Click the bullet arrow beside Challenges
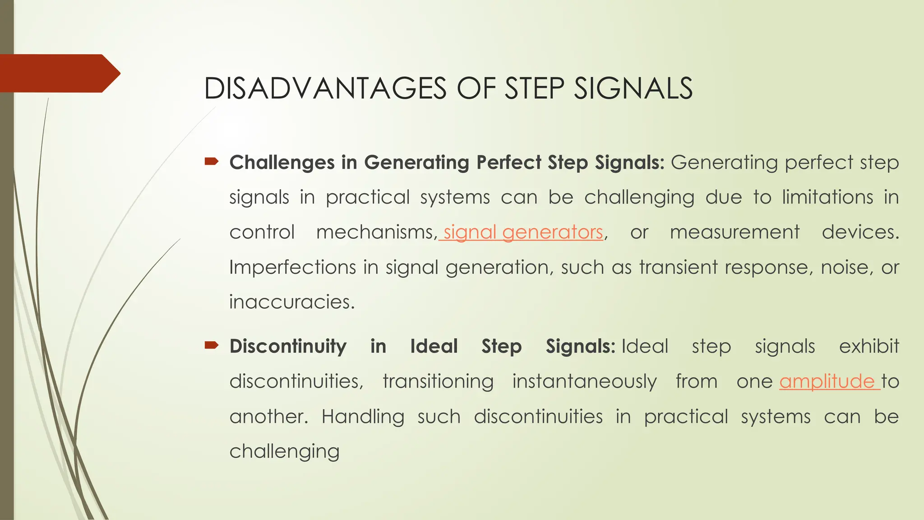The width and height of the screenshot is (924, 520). pos(211,161)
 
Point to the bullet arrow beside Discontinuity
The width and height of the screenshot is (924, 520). pos(211,345)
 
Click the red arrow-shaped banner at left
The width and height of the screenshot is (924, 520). pos(59,73)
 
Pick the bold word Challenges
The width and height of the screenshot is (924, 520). pos(282,162)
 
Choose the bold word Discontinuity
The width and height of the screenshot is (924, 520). pos(288,347)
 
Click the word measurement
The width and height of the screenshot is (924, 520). pos(735,232)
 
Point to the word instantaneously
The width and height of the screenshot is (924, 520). pos(584,382)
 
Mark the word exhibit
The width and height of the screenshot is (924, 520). pos(869,347)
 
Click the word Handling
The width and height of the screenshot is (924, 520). pos(363,417)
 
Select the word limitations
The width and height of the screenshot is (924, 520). pos(827,198)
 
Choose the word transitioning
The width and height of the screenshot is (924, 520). pos(438,382)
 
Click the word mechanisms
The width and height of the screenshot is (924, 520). pos(376,232)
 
